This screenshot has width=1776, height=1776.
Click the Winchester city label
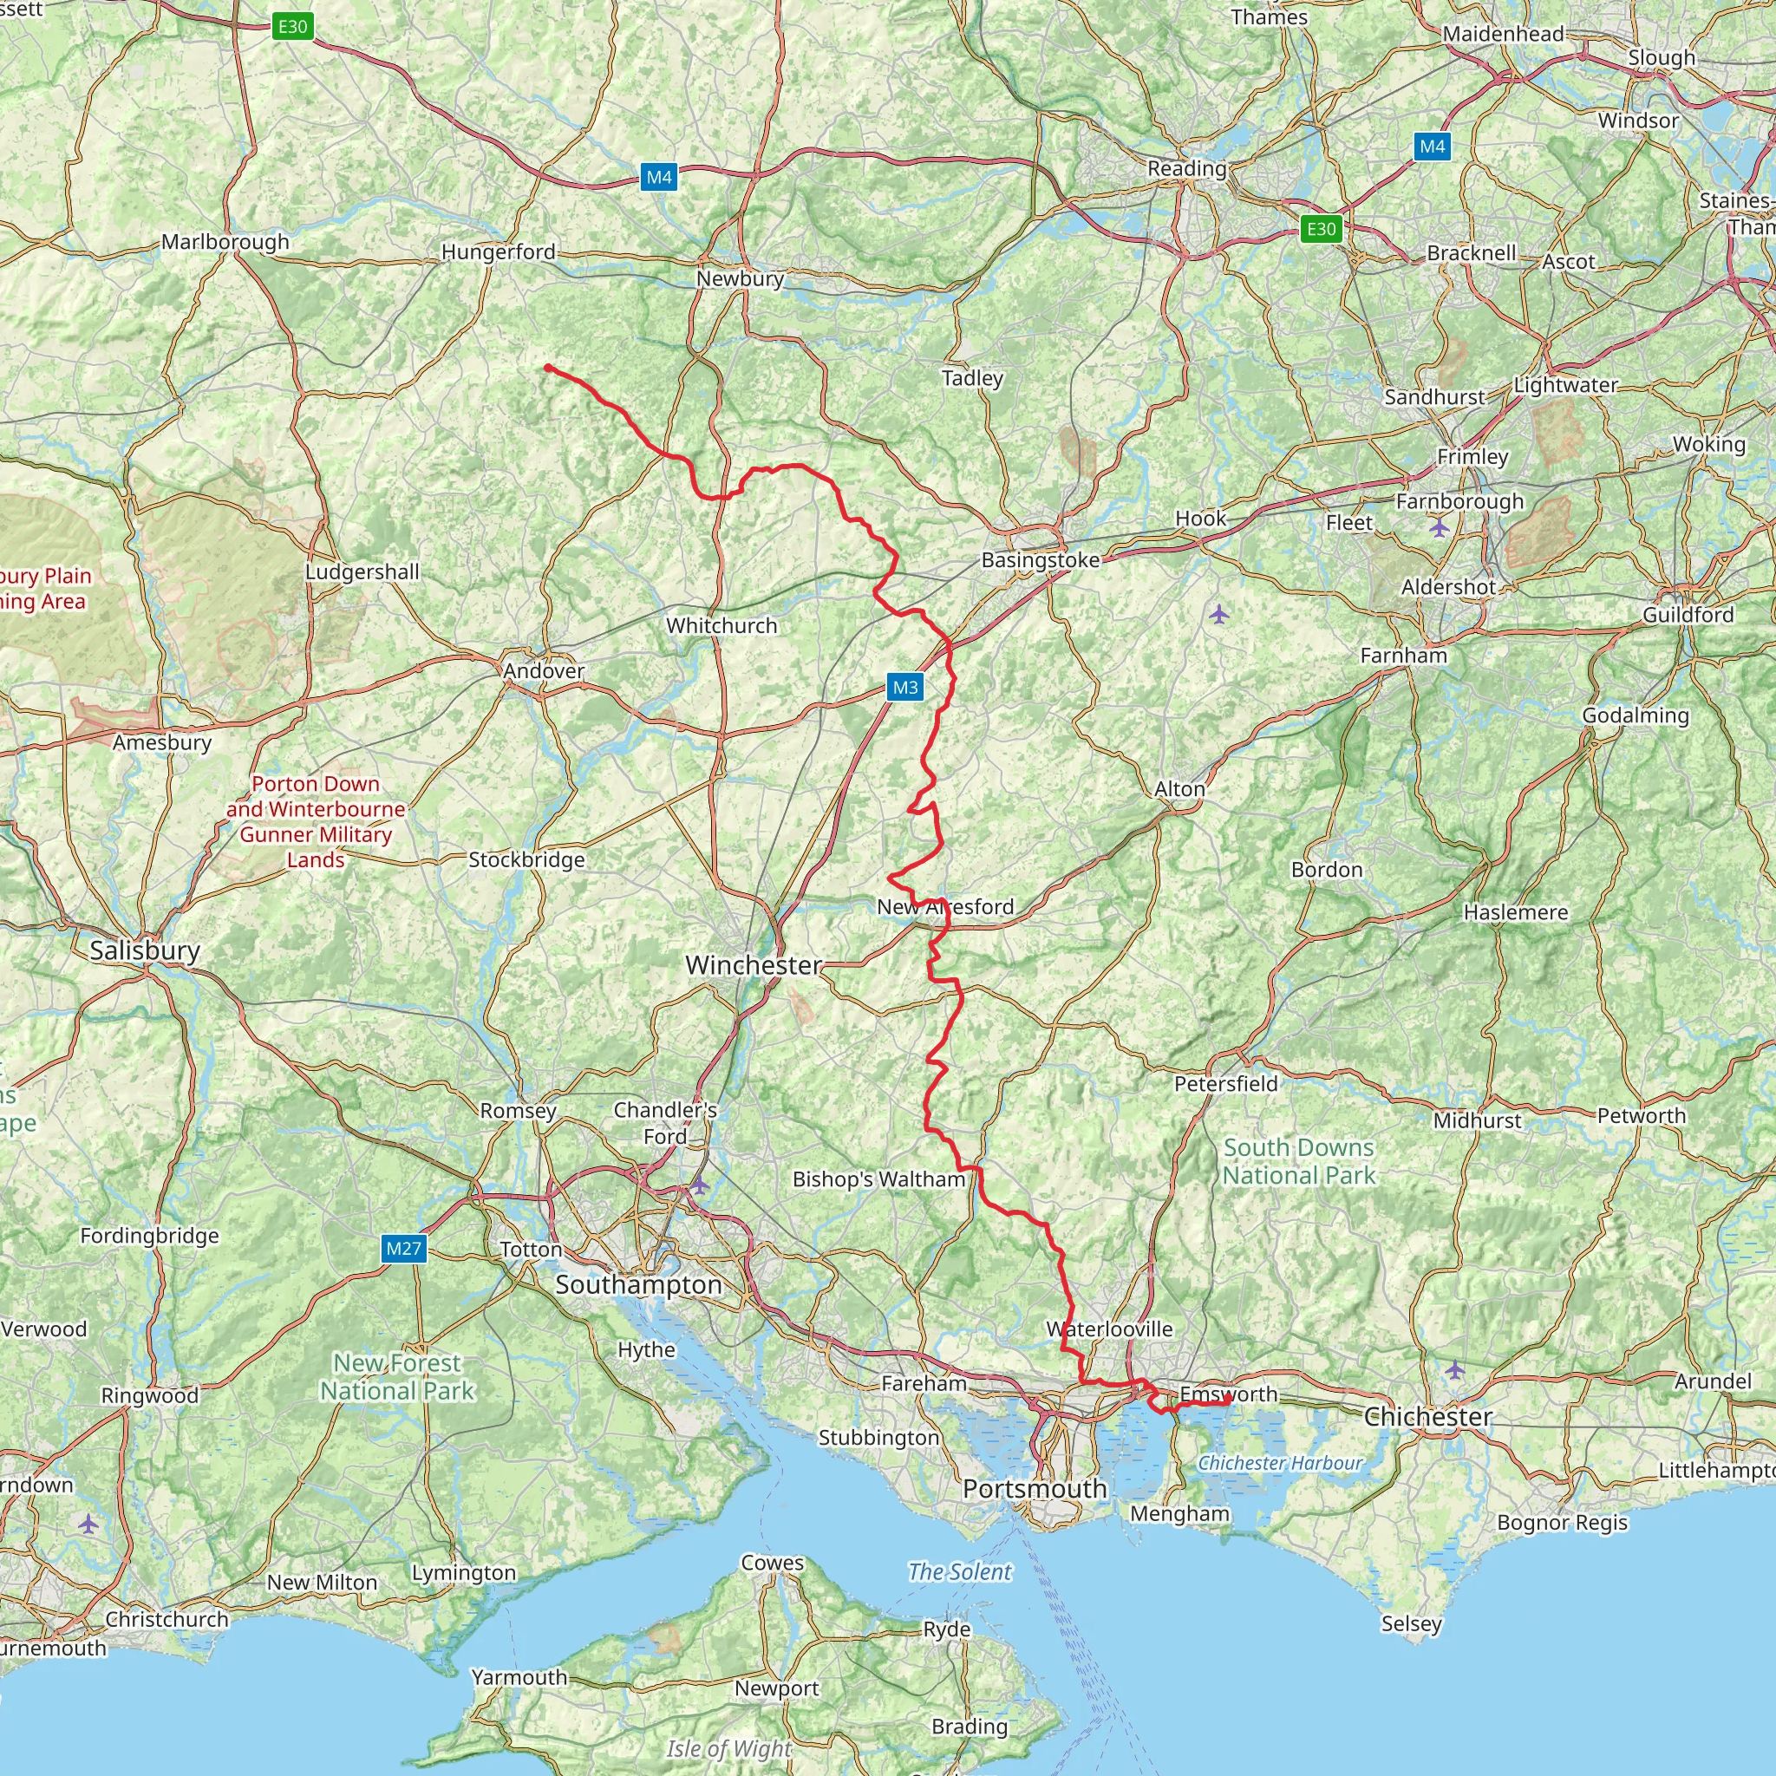pyautogui.click(x=754, y=965)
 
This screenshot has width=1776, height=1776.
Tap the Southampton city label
pyautogui.click(x=638, y=1285)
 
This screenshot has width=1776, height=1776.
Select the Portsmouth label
pyautogui.click(x=1035, y=1488)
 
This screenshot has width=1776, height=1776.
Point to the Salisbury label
pyautogui.click(x=144, y=950)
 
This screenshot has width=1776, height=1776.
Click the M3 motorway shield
pyautogui.click(x=904, y=687)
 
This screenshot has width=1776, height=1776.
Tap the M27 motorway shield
pyautogui.click(x=403, y=1249)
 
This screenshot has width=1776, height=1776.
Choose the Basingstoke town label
pyautogui.click(x=1040, y=560)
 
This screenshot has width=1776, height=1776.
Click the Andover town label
pyautogui.click(x=543, y=671)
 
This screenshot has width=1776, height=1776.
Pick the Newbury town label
pyautogui.click(x=739, y=278)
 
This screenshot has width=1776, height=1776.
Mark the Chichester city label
pyautogui.click(x=1427, y=1417)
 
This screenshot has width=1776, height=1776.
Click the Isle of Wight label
pyautogui.click(x=729, y=1748)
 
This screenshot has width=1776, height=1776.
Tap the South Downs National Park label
pyautogui.click(x=1298, y=1161)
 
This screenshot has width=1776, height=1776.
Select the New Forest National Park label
pyautogui.click(x=397, y=1376)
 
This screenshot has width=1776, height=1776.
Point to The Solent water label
pyautogui.click(x=960, y=1572)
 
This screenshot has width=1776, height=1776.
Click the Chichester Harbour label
pyautogui.click(x=1280, y=1463)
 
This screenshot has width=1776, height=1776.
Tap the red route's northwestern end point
pyautogui.click(x=548, y=368)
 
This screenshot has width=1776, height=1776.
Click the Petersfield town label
pyautogui.click(x=1225, y=1084)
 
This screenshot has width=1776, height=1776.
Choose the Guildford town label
pyautogui.click(x=1688, y=615)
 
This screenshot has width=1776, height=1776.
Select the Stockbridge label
pyautogui.click(x=526, y=860)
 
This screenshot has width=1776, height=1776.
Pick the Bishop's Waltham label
pyautogui.click(x=878, y=1179)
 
